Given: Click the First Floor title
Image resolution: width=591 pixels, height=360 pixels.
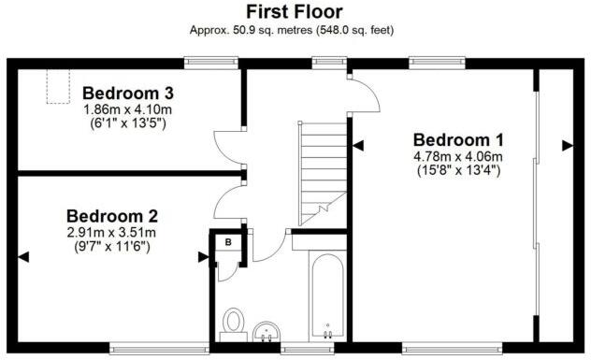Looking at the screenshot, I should [294, 11].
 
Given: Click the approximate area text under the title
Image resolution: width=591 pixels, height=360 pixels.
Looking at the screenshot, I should [294, 30].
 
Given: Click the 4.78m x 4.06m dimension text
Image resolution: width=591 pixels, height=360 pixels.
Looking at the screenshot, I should [458, 156].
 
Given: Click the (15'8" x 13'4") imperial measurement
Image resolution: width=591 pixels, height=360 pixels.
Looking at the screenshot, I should [458, 170].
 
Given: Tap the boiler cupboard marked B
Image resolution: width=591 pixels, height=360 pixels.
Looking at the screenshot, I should [227, 242].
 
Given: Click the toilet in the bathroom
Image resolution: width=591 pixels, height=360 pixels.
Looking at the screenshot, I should [233, 322].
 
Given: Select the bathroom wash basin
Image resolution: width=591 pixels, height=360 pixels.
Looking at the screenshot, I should [267, 330].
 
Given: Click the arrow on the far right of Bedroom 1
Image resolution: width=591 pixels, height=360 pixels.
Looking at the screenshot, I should [567, 145].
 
